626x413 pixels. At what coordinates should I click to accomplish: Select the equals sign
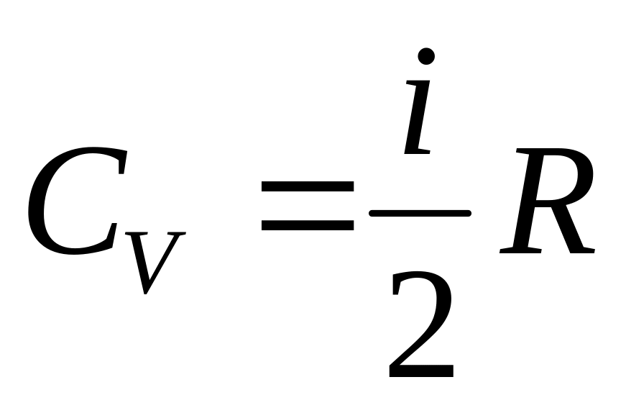point(307,206)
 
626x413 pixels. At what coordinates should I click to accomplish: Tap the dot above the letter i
point(427,56)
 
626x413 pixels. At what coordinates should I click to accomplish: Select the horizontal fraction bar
point(419,213)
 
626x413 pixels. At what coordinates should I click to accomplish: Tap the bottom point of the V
point(146,291)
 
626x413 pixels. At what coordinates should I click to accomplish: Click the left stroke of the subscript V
point(137,259)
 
